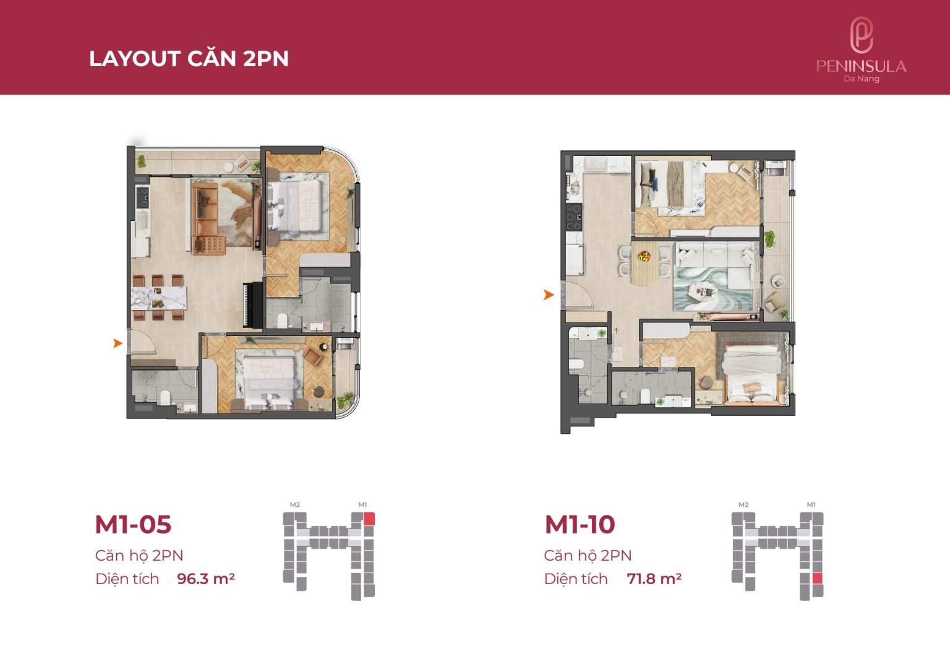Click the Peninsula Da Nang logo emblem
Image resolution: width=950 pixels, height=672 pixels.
862,35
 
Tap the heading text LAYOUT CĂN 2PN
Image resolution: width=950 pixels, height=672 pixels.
189,59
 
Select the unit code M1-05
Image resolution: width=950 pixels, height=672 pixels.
133,524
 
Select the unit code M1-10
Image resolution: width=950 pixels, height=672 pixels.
580,524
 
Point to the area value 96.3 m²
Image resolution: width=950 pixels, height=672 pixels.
206,579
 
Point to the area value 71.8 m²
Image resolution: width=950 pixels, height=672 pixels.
654,579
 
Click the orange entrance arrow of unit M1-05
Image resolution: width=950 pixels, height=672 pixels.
118,343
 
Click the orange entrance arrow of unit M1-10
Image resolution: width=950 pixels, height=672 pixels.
549,295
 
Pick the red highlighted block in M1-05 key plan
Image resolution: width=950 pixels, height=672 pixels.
369,519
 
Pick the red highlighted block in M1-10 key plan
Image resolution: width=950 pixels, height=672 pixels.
818,578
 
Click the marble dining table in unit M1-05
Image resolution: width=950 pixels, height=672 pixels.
158,298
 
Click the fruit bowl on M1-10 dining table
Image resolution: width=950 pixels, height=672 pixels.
644,256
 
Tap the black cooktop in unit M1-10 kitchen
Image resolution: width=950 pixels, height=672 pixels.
574,217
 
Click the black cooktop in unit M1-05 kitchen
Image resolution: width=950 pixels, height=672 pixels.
142,197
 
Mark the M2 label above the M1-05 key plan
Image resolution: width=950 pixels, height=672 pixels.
295,504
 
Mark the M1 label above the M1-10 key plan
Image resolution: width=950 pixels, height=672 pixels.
811,504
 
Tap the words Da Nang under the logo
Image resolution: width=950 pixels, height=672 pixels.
862,79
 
